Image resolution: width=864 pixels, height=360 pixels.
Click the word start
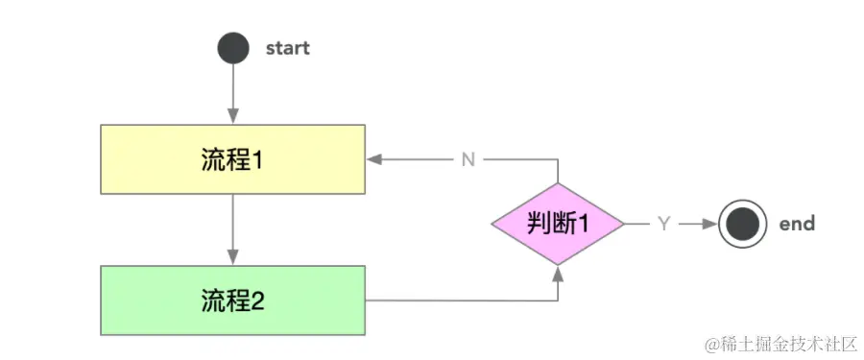[287, 48]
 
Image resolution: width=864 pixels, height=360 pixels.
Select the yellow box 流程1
[233, 158]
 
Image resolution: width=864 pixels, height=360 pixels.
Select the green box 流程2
[233, 300]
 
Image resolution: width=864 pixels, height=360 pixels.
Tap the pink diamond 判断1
[558, 224]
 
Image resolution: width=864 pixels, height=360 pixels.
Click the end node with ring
[744, 224]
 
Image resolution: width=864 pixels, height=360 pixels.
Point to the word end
[797, 224]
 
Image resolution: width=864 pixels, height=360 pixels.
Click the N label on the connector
[468, 159]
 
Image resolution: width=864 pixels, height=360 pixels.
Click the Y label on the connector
[663, 224]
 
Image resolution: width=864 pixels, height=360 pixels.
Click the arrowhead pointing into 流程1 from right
[373, 159]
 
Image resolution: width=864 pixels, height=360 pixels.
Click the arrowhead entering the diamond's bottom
[558, 272]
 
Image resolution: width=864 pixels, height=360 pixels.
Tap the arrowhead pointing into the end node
[711, 224]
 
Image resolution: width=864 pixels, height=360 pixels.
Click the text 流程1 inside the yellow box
[232, 158]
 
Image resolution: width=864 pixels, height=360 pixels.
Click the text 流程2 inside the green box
[232, 300]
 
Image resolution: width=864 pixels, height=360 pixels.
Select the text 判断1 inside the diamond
[558, 224]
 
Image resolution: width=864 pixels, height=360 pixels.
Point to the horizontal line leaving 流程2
[461, 300]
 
